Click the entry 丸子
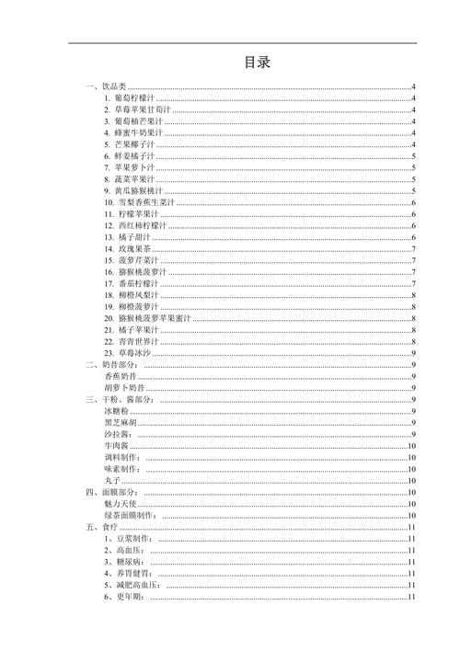point(112,481)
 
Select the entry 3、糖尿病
point(128,562)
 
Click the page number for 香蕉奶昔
point(416,377)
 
